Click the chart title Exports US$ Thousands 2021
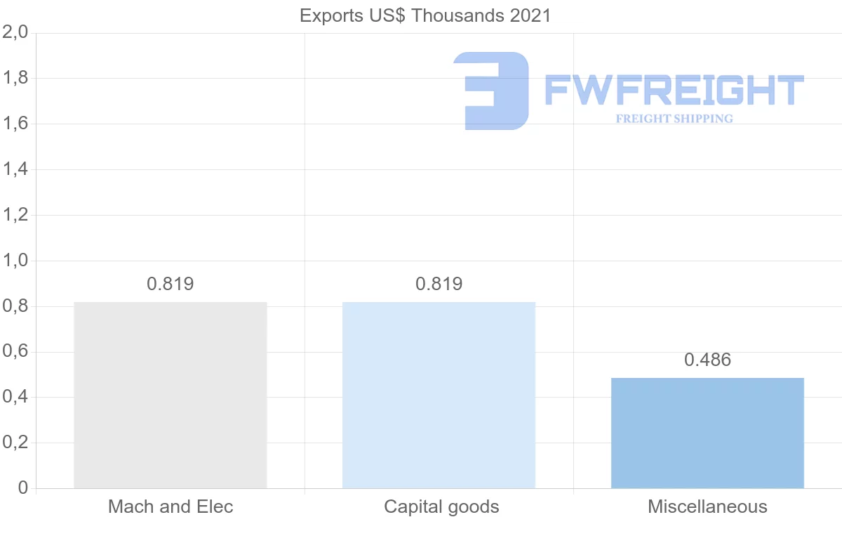point(425,15)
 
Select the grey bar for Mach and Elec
point(171,395)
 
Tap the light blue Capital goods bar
point(439,395)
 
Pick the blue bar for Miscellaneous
point(707,433)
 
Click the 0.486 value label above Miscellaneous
point(707,360)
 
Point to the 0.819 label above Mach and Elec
point(171,284)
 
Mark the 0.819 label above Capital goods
point(439,284)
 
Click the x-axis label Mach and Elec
point(171,506)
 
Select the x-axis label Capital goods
point(441,506)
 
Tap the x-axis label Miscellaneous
point(707,506)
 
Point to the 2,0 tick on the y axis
point(15,32)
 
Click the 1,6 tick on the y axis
point(15,124)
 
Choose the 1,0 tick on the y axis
point(15,261)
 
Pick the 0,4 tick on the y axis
point(15,397)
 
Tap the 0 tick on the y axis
point(22,488)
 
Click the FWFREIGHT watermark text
point(674,91)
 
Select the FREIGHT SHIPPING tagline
point(674,119)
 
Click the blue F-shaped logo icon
point(491,91)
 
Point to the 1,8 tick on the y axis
point(15,78)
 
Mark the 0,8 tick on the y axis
point(15,306)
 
